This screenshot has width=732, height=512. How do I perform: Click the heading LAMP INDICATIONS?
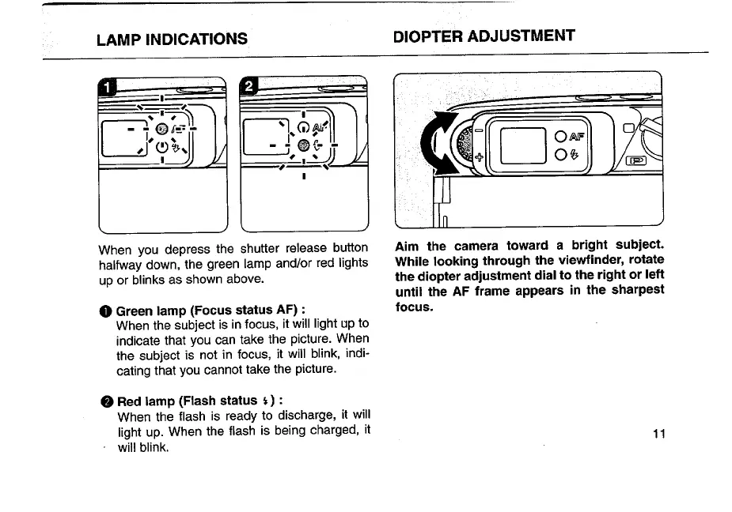tap(171, 39)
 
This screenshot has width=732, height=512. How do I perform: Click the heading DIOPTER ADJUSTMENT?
tap(484, 36)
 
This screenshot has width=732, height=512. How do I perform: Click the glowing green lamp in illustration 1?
tap(161, 129)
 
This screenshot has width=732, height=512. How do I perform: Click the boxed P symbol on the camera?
tap(636, 161)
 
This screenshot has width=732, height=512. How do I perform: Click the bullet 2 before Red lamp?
tap(108, 401)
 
